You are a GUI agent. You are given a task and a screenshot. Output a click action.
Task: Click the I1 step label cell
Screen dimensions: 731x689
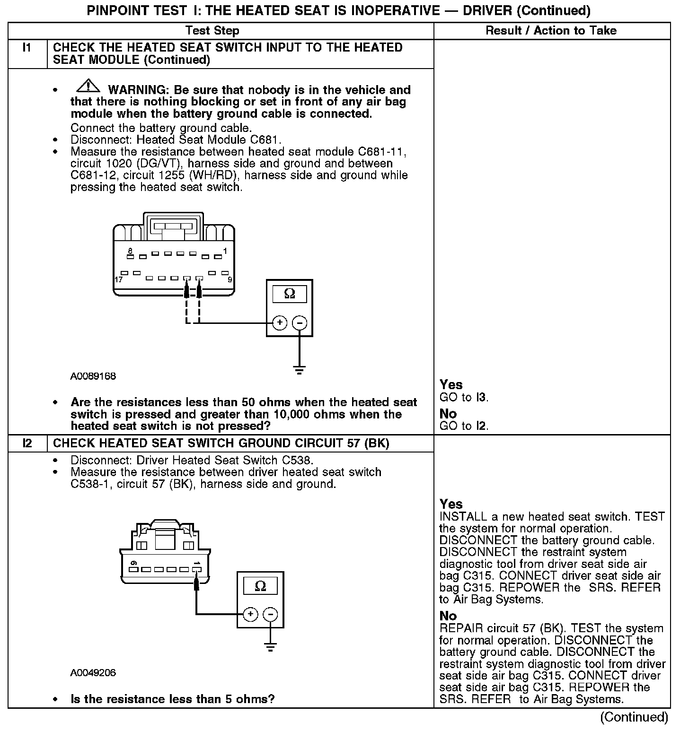pos(27,48)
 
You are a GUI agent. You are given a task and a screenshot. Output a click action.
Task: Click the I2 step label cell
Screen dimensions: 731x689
pos(27,444)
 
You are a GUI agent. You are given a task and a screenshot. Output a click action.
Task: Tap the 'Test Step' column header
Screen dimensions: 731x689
pos(212,31)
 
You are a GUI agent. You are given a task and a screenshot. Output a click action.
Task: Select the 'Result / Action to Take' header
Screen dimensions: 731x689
pos(551,31)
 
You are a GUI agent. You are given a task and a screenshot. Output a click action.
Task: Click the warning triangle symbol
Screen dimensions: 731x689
pos(88,87)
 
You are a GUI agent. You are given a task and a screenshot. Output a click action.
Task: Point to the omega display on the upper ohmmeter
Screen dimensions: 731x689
pos(290,294)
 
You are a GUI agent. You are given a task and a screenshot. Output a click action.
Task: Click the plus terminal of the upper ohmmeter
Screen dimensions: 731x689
pos(280,323)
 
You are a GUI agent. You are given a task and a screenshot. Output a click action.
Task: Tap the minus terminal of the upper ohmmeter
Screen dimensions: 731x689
pos(300,323)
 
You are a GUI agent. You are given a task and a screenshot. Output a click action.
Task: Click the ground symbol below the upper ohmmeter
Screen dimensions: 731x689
pos(299,369)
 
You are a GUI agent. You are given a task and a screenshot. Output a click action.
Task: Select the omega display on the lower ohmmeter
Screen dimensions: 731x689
pos(260,586)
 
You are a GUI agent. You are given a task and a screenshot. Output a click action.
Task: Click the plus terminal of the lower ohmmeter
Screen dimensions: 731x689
pos(250,614)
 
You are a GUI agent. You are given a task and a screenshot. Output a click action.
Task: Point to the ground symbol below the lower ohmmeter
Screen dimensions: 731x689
pos(270,647)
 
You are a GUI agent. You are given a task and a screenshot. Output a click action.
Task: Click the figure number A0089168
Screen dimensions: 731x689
pos(93,377)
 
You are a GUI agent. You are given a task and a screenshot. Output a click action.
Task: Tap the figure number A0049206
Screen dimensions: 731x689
pos(93,672)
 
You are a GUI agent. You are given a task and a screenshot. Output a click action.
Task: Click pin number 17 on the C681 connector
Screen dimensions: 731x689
pos(118,279)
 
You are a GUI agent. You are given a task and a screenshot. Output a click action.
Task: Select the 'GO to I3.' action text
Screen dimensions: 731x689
pos(464,397)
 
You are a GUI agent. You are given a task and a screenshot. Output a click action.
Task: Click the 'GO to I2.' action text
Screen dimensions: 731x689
pos(464,426)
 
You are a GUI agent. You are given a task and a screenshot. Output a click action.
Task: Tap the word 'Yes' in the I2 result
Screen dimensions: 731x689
pos(451,504)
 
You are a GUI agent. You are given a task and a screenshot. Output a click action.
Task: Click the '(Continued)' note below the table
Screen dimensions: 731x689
pos(634,717)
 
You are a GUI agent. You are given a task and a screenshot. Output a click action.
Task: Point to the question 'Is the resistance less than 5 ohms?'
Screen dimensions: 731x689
pos(172,699)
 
